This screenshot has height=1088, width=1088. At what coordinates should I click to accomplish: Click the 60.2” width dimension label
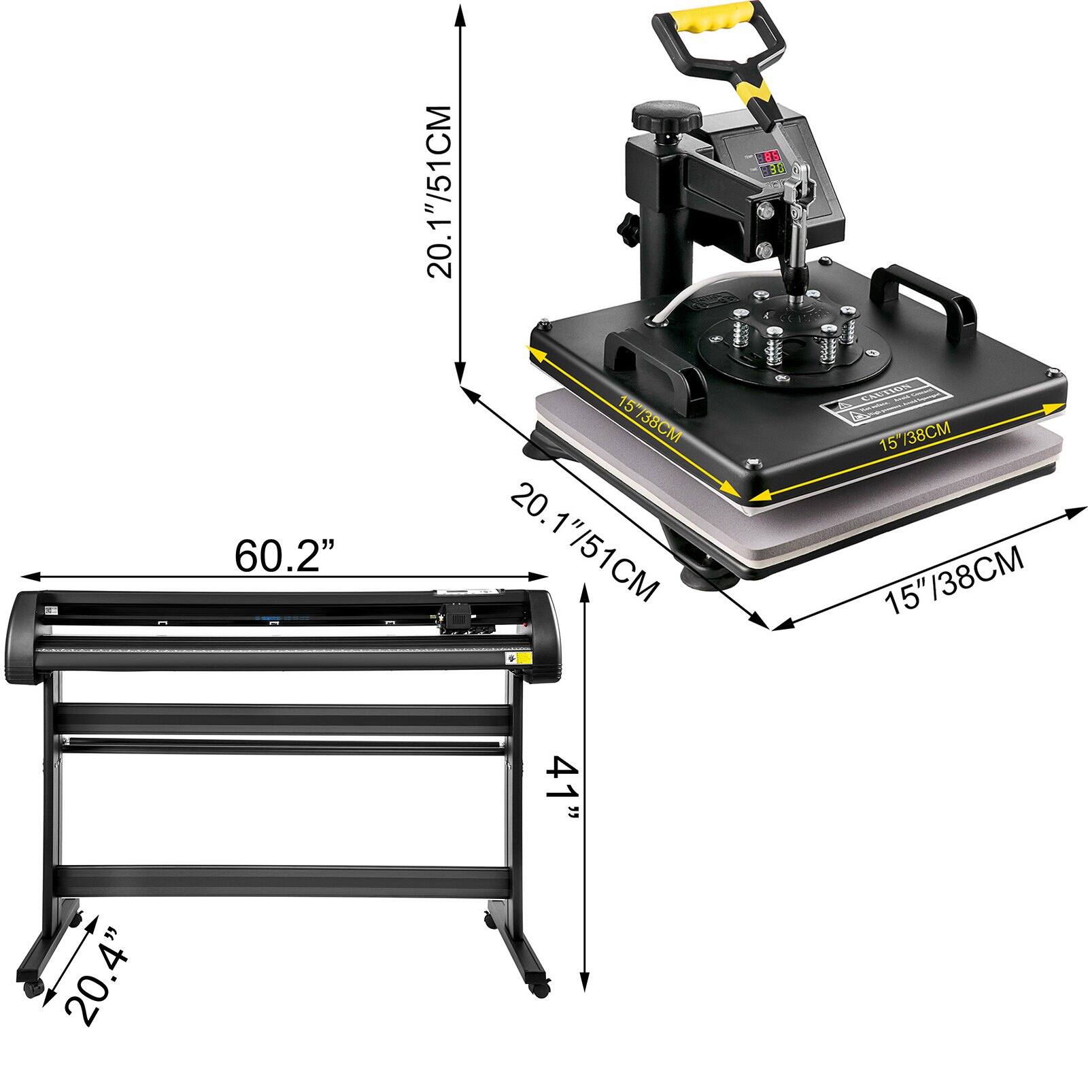click(x=286, y=556)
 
